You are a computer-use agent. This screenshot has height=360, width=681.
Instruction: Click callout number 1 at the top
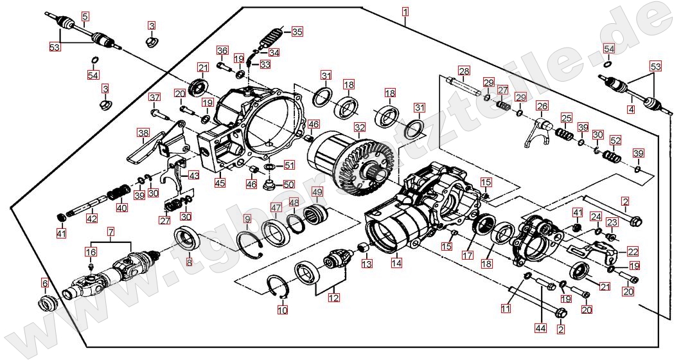[405, 11]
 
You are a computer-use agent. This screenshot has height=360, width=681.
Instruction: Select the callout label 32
[360, 127]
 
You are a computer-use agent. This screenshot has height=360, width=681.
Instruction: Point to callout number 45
[220, 183]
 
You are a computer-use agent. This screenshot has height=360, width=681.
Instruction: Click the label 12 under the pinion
[333, 298]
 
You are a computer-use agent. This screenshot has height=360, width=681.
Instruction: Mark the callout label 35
[296, 31]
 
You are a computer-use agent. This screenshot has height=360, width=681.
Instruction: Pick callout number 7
[111, 230]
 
